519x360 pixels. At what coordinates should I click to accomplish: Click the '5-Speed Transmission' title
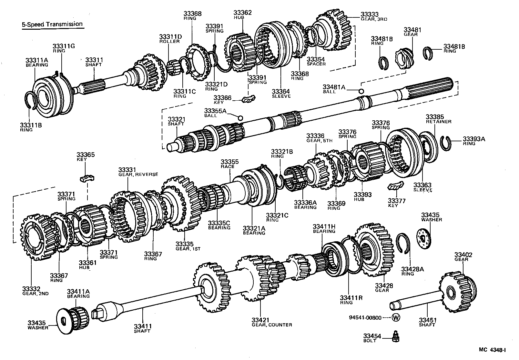52,24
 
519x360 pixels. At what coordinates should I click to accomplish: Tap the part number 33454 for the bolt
372,336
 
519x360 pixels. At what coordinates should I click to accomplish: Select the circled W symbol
396,318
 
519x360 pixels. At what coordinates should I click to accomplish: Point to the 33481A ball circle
361,91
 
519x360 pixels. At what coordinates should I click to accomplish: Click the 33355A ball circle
240,118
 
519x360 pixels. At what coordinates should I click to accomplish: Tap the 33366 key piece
249,99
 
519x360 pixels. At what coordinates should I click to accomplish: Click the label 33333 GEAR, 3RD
373,16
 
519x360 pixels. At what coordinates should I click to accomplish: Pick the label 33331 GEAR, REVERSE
138,172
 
